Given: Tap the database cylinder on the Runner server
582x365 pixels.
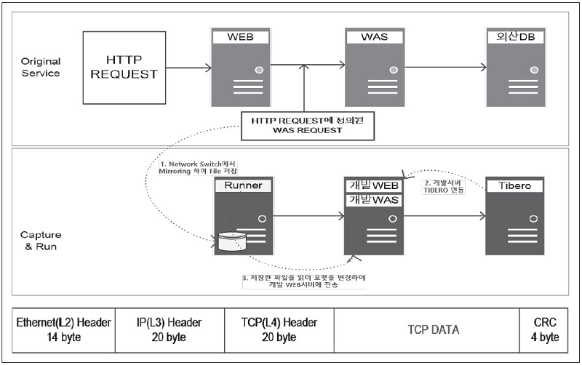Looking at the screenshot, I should (x=233, y=239).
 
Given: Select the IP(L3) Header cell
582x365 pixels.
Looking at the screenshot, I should (x=170, y=329).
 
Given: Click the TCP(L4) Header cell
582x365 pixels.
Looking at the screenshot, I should (x=278, y=329).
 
